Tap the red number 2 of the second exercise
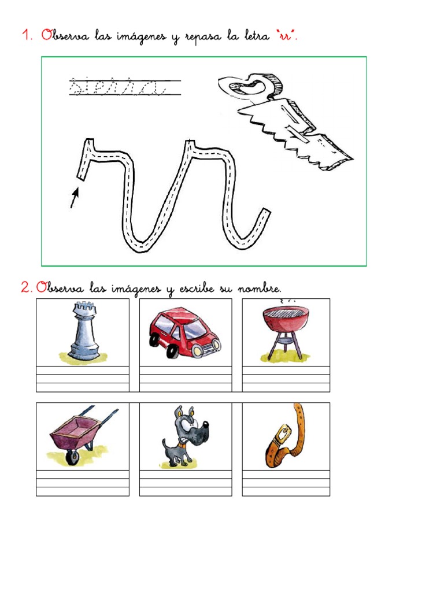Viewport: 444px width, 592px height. (27, 287)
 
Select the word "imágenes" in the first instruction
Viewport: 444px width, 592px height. (141, 36)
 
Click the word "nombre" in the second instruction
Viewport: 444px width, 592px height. (260, 289)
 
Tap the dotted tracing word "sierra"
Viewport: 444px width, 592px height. (117, 87)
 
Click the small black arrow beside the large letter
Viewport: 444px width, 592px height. (75, 198)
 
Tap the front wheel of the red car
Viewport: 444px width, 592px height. (172, 351)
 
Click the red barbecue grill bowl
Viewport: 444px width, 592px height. (286, 317)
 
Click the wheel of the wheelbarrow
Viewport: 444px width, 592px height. (72, 458)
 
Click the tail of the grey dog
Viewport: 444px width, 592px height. (164, 444)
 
